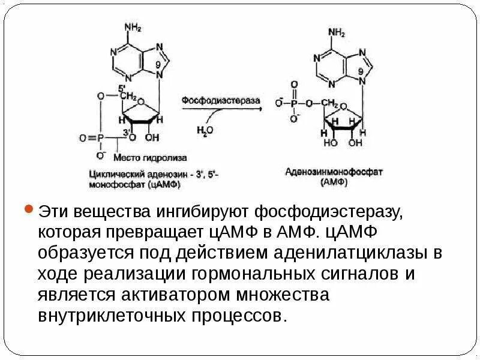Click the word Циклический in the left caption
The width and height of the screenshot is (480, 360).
113,174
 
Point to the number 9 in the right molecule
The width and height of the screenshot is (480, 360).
361,71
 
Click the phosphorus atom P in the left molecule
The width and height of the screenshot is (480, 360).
101,138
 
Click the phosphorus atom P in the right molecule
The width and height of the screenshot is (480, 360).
294,103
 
